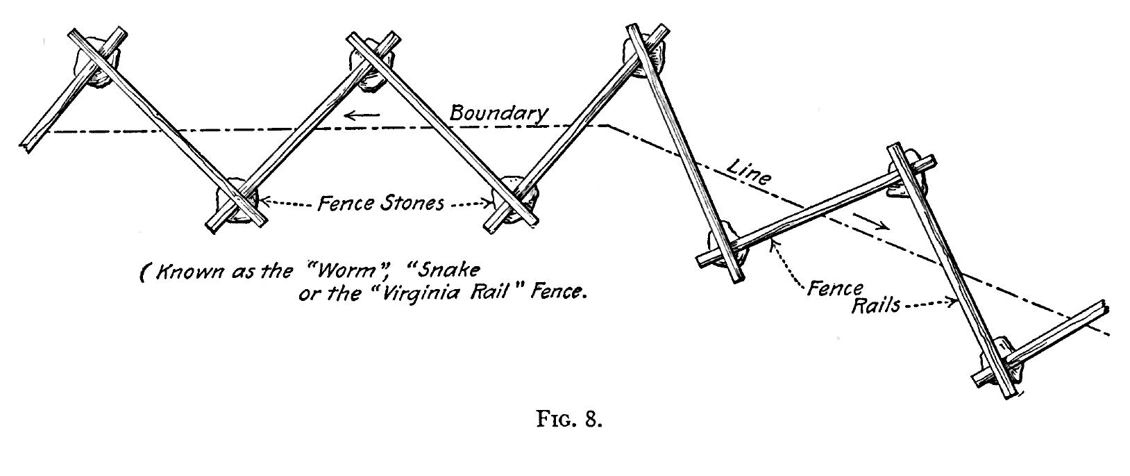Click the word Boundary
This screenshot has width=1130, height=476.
(x=498, y=113)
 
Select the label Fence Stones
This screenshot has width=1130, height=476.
(x=380, y=204)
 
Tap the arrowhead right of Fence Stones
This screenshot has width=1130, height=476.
(x=491, y=204)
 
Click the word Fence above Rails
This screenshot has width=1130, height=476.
(x=834, y=288)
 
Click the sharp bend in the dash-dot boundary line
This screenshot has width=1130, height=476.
(x=608, y=126)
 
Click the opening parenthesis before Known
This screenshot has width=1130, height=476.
(x=144, y=273)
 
